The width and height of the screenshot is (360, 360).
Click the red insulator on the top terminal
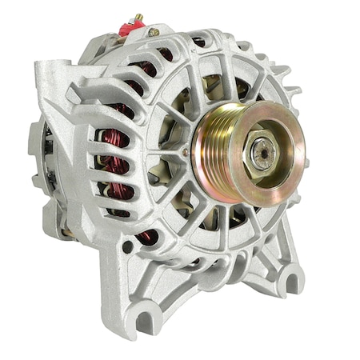click(x=131, y=28)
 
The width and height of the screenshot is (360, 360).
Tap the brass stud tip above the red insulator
click(x=138, y=16)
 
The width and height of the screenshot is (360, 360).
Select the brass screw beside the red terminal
click(x=154, y=32)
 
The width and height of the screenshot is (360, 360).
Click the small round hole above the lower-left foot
click(x=127, y=246)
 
